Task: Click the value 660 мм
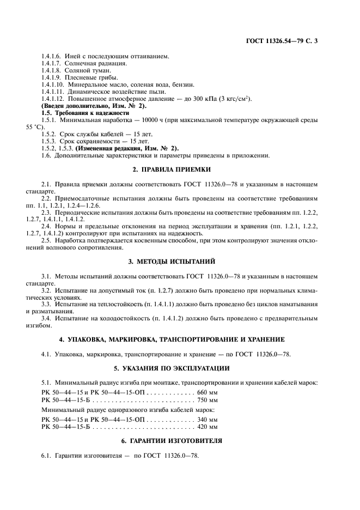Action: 207,392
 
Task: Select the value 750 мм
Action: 207,399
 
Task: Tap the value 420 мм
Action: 207,427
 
